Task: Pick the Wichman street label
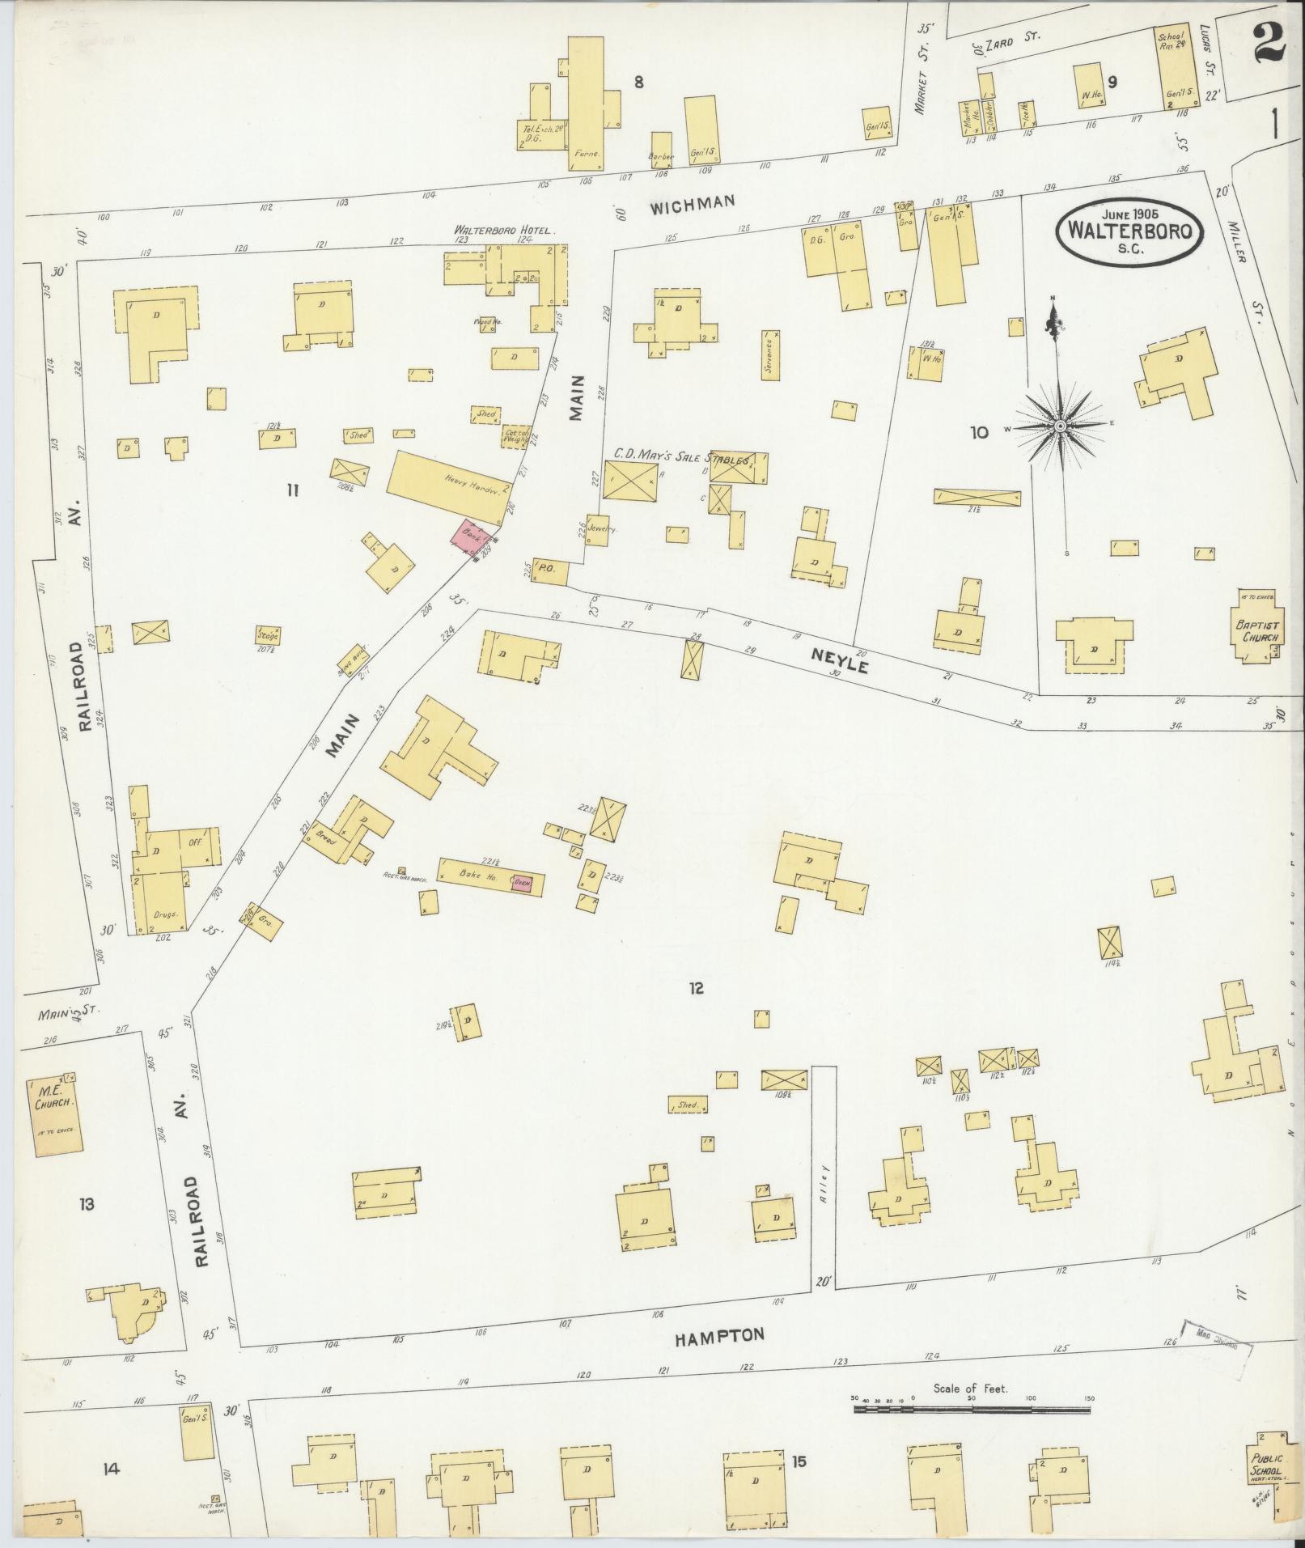[x=693, y=203]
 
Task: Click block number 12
[x=695, y=988]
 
